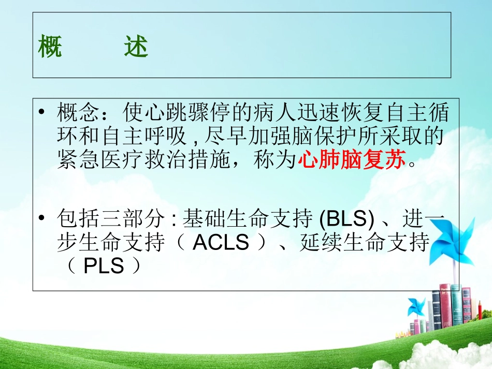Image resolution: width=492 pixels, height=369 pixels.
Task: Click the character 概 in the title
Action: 50,48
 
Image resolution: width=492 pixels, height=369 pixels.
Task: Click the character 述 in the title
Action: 136,48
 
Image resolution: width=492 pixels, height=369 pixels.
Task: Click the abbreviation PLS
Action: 104,267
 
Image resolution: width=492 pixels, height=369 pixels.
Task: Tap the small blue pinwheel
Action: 415,307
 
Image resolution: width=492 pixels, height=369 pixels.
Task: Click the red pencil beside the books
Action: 480,311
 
